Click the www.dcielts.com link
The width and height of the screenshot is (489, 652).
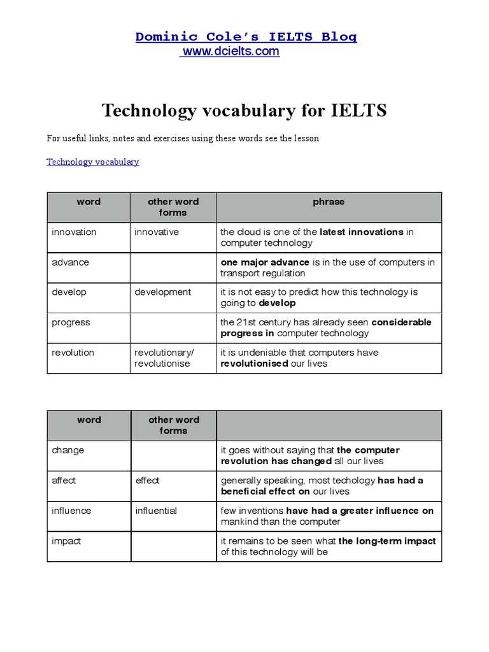click(230, 52)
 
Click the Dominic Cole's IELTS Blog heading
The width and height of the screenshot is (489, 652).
click(246, 36)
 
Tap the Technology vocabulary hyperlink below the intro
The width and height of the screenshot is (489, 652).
click(92, 162)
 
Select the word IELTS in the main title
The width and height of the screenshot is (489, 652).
click(359, 111)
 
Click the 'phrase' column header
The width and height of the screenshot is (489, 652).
click(329, 202)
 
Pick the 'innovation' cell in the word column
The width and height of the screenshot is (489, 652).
click(74, 232)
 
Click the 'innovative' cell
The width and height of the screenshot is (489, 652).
click(157, 232)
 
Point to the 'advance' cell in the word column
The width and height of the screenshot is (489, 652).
click(70, 262)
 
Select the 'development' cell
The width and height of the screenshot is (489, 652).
click(162, 292)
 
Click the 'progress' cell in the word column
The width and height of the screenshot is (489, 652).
click(71, 322)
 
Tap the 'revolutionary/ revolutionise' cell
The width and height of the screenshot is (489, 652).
click(164, 358)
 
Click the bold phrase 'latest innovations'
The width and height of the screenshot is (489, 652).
click(361, 232)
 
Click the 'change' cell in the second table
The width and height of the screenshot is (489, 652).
click(67, 450)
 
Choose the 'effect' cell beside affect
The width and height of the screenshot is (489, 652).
click(148, 481)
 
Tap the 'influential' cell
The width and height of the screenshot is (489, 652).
click(156, 511)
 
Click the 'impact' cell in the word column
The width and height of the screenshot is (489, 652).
click(66, 541)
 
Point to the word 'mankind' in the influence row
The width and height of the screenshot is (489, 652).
click(239, 521)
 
